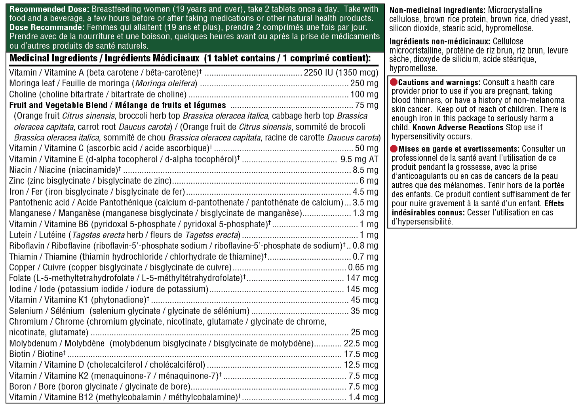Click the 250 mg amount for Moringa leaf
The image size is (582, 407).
coord(364,84)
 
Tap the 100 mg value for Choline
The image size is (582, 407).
coord(364,94)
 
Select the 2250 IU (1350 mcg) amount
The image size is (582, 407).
coord(341,72)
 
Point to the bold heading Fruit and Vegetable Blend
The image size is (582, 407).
coord(58,105)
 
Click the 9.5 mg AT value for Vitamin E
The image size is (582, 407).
coord(359,159)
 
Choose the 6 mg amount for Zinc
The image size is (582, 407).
coord(369,181)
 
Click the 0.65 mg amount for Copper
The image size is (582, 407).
coord(363,267)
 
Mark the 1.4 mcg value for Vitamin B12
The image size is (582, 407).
coord(363,397)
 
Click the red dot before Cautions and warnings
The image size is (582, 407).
coord(394,82)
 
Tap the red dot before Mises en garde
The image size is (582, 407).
coord(394,149)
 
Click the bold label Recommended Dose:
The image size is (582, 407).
coord(50,9)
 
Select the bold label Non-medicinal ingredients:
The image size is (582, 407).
coord(437,10)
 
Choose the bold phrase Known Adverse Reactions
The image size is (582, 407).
coord(458,127)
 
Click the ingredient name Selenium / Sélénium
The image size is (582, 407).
coord(47,311)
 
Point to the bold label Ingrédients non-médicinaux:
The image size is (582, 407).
coord(440,42)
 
